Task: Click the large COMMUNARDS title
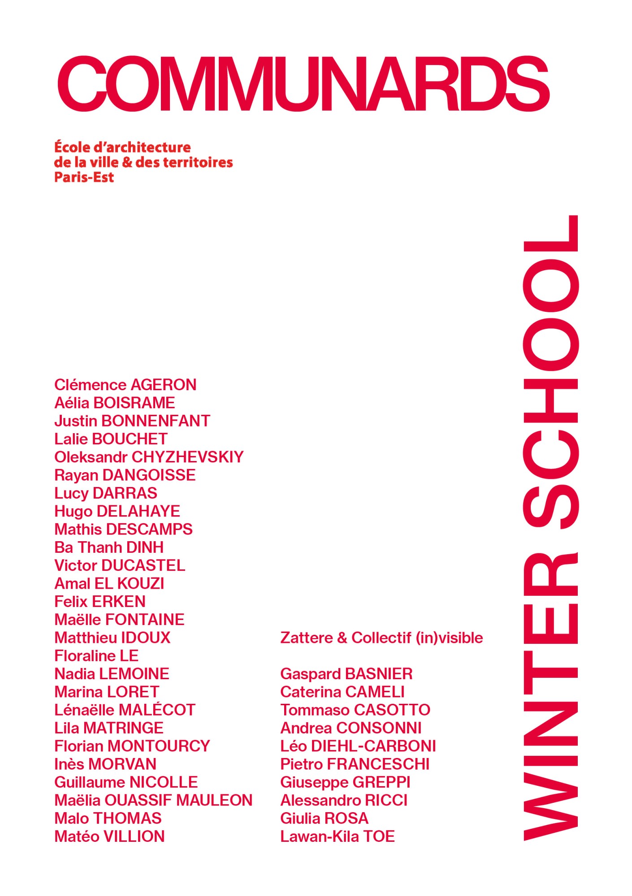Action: (x=303, y=84)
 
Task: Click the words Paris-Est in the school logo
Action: (x=84, y=177)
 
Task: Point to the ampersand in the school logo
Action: (x=127, y=162)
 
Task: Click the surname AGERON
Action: (x=163, y=385)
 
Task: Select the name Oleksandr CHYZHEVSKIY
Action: (x=149, y=457)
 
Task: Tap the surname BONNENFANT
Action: (x=156, y=421)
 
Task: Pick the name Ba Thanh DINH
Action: (x=109, y=547)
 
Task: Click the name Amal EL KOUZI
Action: (x=109, y=583)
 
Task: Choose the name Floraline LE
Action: (x=96, y=656)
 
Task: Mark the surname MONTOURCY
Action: (x=159, y=746)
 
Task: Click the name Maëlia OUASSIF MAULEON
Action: (x=153, y=800)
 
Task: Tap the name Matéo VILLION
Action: (x=109, y=836)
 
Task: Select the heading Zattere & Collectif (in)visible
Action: (x=381, y=638)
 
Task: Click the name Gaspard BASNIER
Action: (x=346, y=674)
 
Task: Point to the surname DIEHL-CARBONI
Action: (x=373, y=746)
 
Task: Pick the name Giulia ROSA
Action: (x=324, y=818)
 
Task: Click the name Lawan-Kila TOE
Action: (x=337, y=836)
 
